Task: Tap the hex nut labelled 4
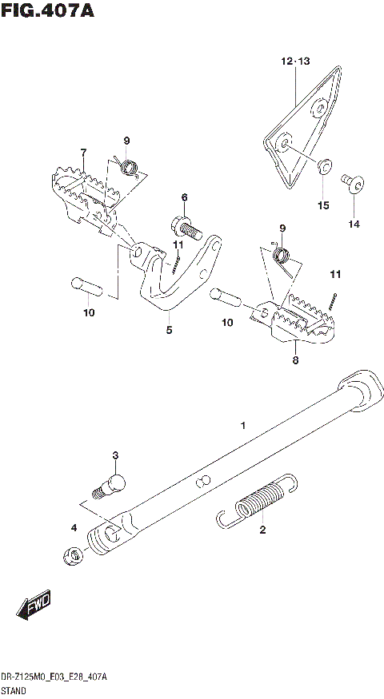(x=70, y=556)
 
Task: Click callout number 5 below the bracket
(x=169, y=329)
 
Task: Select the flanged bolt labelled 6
(x=184, y=227)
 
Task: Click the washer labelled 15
(x=323, y=168)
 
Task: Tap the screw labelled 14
(x=353, y=185)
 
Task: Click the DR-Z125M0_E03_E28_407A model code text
(x=54, y=676)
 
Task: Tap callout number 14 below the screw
(x=353, y=224)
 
